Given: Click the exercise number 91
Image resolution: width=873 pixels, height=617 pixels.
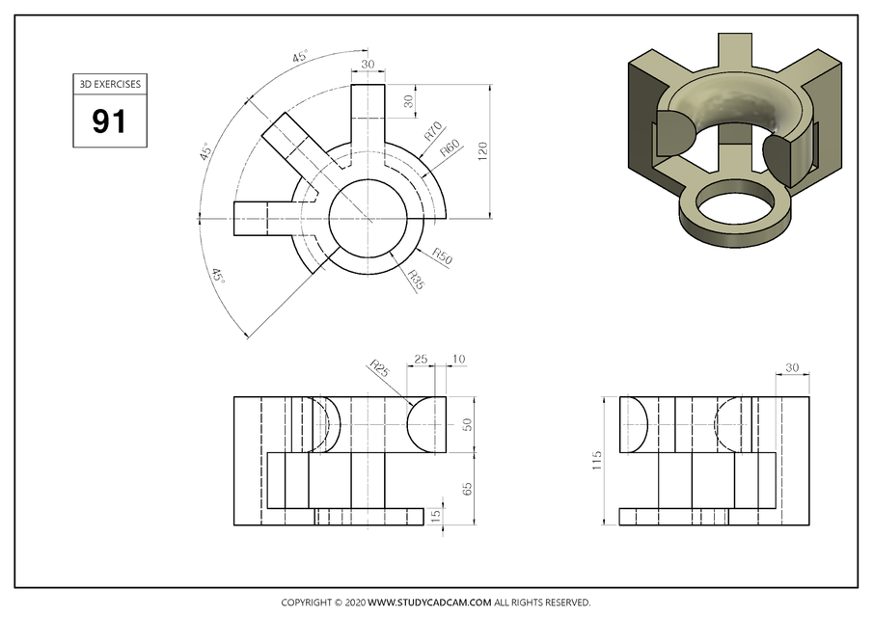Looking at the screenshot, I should point(108,121).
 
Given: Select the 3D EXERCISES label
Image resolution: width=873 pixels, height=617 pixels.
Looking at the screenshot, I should point(108,84).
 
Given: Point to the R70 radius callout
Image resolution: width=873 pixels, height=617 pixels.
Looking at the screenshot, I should point(431,131).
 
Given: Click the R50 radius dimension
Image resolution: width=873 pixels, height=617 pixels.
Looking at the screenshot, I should point(442,256).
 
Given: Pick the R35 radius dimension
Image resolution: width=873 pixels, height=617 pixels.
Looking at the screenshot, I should point(416,281).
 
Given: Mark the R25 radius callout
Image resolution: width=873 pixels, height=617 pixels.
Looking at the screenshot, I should point(379,367).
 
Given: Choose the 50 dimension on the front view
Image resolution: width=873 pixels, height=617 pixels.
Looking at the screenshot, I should point(468,424).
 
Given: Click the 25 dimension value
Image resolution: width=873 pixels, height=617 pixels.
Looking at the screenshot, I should point(421,360).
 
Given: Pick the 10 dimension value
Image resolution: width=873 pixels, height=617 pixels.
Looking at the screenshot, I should point(458,360).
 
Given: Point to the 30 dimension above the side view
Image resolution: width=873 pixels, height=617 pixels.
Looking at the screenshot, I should point(793,367).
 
